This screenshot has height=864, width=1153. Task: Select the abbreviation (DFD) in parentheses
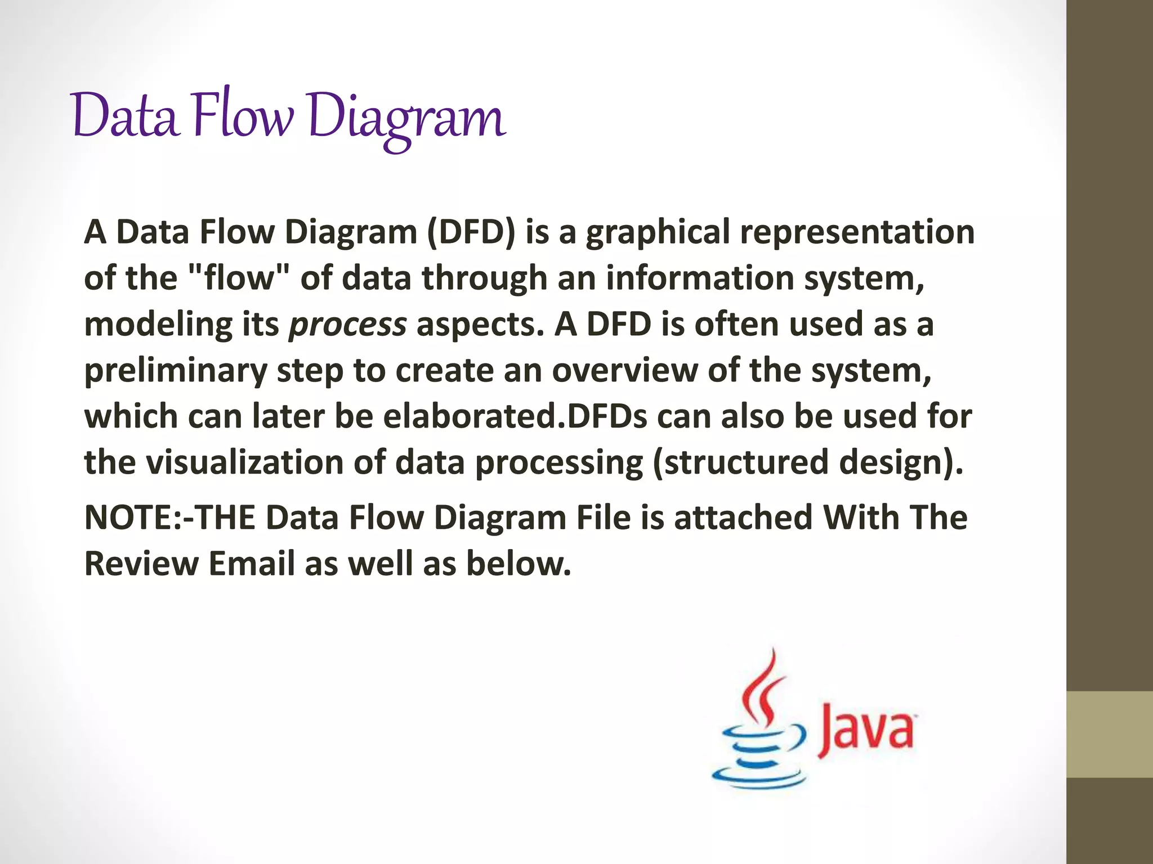pos(471,232)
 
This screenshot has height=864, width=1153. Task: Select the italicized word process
pos(347,325)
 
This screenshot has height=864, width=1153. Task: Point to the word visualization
pos(245,462)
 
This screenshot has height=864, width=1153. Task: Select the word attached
pos(743,517)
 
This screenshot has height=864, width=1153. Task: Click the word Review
pos(141,564)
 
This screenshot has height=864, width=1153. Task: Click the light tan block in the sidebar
pos(1110,734)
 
